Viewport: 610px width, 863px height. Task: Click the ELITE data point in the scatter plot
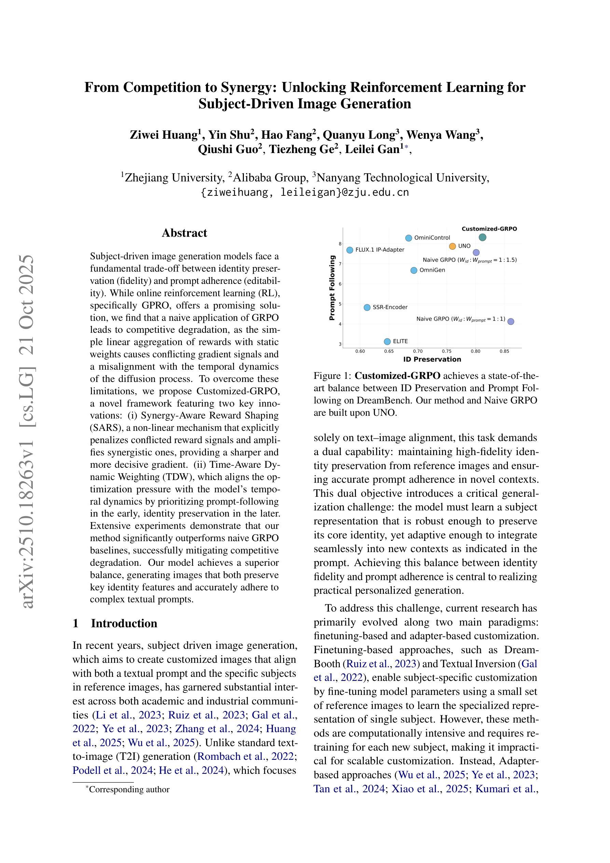point(387,341)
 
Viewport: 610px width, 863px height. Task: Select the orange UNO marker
point(452,246)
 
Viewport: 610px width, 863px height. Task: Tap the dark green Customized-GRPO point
point(483,237)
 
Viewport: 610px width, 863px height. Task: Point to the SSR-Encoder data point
point(367,307)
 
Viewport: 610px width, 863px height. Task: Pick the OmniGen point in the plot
point(414,270)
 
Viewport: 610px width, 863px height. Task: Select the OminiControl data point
point(408,238)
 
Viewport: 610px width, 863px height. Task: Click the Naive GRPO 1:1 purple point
point(510,321)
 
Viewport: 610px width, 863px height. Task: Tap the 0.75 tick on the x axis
point(446,352)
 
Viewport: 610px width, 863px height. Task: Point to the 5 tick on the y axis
point(340,304)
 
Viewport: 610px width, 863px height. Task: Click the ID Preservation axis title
point(432,359)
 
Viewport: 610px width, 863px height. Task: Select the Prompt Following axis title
point(332,288)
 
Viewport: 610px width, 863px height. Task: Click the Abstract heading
point(184,233)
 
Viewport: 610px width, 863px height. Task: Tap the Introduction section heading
point(124,623)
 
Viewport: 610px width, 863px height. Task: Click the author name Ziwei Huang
point(164,135)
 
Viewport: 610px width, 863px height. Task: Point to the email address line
point(305,192)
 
